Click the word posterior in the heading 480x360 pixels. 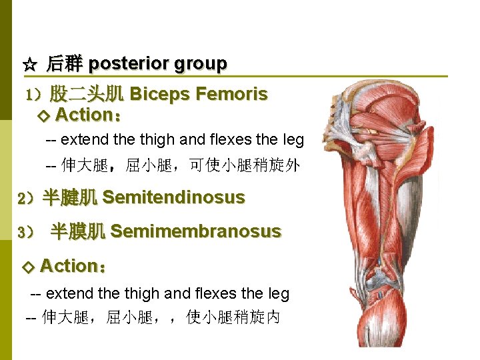tap(128, 64)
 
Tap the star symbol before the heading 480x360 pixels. tap(29, 65)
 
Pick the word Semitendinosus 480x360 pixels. tap(173, 197)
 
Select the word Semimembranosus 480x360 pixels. tap(195, 232)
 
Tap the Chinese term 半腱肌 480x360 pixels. tap(70, 197)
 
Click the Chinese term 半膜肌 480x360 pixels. tap(78, 232)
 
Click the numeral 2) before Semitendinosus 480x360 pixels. tap(28, 198)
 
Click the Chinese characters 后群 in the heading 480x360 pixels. tap(64, 65)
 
